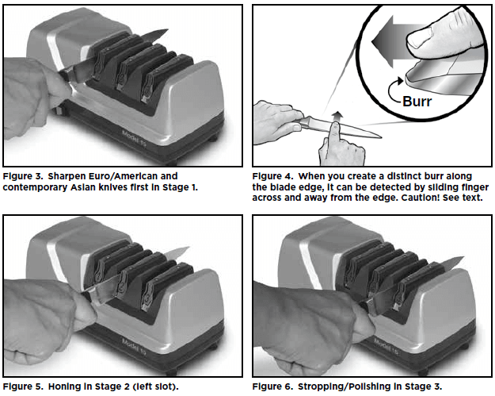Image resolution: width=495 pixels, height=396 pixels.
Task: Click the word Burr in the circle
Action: [417, 102]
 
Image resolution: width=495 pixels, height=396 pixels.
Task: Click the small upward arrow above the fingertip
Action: [337, 117]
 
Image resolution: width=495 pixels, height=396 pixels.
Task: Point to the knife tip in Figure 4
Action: [381, 137]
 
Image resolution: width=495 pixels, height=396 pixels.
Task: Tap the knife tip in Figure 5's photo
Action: [188, 248]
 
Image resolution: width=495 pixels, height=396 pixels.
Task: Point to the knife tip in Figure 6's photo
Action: [463, 258]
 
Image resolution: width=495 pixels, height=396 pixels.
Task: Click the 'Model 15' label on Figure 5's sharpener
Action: [135, 347]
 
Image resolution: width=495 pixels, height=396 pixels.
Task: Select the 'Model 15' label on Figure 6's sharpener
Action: [386, 347]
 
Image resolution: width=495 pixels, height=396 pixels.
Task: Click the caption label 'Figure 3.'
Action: [23, 176]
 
